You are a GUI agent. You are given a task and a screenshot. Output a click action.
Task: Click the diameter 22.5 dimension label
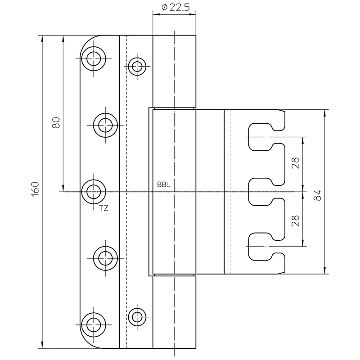click(x=175, y=7)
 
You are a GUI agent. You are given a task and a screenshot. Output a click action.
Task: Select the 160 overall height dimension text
click(x=36, y=189)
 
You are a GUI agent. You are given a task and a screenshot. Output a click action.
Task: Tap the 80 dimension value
click(x=56, y=122)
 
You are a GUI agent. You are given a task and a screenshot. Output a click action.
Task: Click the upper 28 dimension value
click(x=296, y=163)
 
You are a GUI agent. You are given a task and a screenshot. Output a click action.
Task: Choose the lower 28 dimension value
click(x=296, y=221)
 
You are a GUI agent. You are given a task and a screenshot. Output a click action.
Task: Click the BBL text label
click(x=164, y=184)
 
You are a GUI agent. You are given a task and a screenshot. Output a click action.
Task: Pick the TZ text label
click(x=103, y=208)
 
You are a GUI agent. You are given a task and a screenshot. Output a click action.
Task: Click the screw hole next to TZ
click(x=94, y=192)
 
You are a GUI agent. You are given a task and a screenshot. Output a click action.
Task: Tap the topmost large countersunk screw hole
click(x=94, y=58)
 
